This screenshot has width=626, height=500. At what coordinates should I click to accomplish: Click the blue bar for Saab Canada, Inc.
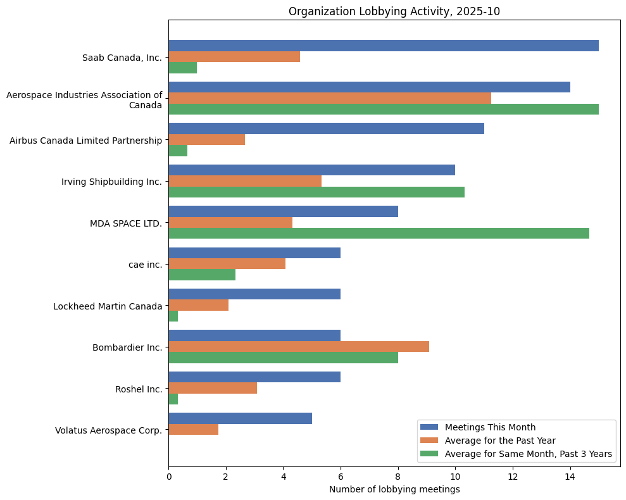384,46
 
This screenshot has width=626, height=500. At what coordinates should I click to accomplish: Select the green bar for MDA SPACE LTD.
379,233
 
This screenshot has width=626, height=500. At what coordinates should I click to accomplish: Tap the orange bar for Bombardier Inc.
299,346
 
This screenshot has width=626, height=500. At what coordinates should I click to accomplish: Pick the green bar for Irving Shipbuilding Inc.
316,192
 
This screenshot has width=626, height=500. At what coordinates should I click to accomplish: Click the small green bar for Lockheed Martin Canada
173,316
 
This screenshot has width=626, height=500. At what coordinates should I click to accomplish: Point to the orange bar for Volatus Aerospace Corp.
194,429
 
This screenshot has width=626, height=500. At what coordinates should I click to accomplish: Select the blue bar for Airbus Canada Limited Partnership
326,128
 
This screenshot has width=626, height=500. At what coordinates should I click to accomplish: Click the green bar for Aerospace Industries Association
384,109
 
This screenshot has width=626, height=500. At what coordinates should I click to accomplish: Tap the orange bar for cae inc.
227,263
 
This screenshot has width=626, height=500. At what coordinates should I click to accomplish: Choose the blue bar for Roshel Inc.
254,377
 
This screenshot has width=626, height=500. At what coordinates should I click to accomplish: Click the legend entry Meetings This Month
490,427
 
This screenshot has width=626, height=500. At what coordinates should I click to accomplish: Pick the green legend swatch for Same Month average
430,454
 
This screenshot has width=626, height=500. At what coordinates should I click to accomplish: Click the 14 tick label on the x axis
570,476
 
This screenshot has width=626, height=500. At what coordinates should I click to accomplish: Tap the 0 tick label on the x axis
169,476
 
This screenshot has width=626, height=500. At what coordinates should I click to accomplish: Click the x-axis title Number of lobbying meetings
394,489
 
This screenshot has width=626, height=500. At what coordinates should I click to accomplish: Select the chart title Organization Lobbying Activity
394,11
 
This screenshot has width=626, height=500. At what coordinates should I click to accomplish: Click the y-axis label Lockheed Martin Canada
108,306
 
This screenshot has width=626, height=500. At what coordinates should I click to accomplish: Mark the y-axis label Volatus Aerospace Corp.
108,430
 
